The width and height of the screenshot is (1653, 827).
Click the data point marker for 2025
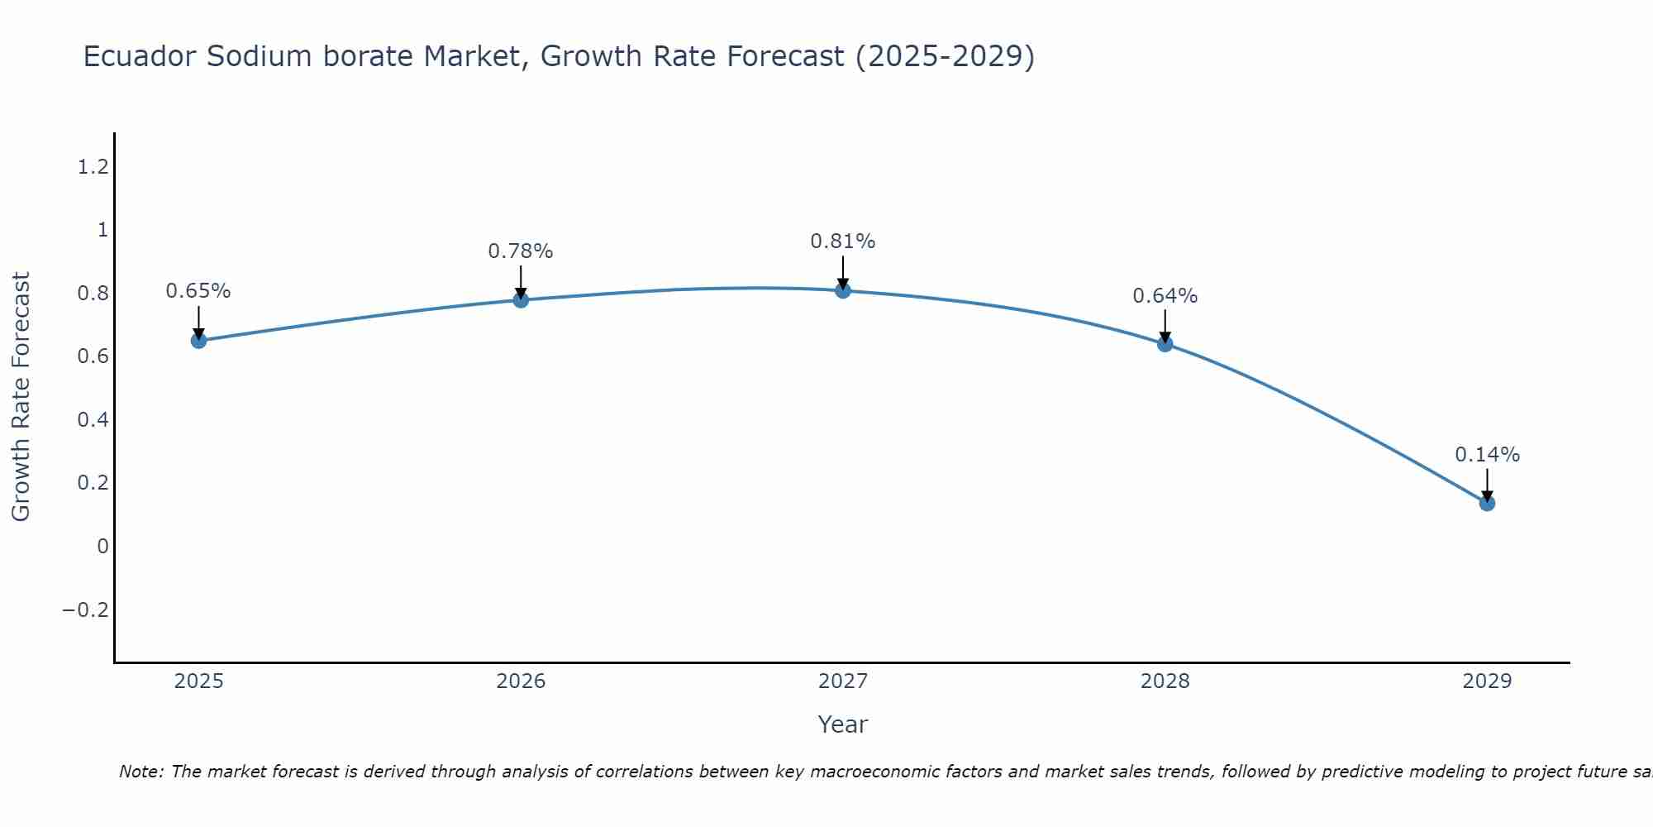(x=198, y=340)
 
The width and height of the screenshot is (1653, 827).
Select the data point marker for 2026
(x=521, y=299)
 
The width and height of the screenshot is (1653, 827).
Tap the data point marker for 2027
(x=843, y=290)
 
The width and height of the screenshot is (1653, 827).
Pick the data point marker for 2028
(x=1165, y=343)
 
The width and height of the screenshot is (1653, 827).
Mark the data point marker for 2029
(x=1487, y=503)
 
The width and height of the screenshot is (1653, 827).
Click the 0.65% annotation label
(x=198, y=291)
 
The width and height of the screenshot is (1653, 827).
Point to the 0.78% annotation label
(x=521, y=251)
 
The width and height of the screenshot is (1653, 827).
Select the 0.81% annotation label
(x=843, y=241)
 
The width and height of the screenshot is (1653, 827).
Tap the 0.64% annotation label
(x=1165, y=296)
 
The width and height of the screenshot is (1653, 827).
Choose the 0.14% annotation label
(x=1487, y=455)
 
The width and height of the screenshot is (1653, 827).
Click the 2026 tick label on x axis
(x=521, y=681)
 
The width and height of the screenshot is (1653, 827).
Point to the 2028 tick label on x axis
(x=1165, y=681)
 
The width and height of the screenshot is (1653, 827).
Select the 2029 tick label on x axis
(x=1487, y=681)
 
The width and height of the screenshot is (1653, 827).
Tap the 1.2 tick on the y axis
(x=93, y=167)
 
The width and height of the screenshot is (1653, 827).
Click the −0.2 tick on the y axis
(x=85, y=610)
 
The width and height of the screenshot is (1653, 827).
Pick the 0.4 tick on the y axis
(x=93, y=420)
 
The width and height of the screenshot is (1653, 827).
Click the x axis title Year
(x=843, y=724)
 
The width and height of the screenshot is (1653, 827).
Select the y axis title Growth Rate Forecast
(x=21, y=397)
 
